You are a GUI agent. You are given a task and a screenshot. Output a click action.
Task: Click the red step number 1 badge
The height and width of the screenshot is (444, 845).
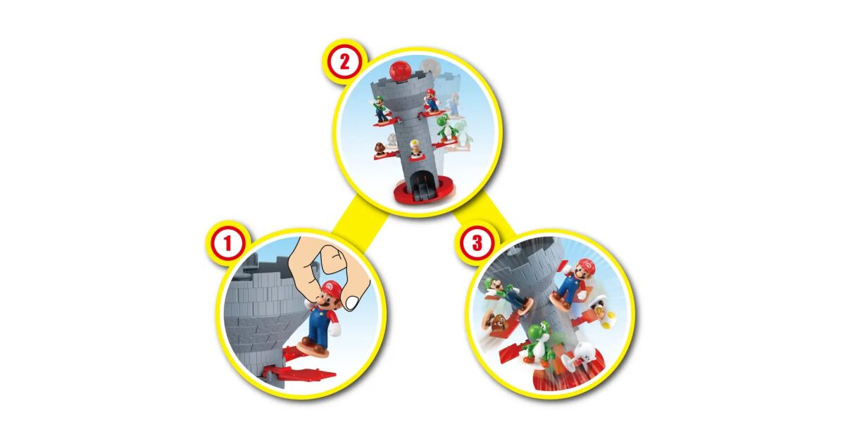click(x=227, y=243)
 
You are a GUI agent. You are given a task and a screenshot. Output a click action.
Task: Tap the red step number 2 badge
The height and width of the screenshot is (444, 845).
click(x=344, y=62)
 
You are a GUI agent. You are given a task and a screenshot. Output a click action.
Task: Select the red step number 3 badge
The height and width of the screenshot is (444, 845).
click(x=477, y=242)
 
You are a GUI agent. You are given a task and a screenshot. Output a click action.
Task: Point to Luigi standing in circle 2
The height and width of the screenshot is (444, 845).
click(x=381, y=109)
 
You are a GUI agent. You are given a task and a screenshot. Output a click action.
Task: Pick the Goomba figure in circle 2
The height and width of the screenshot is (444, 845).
click(x=381, y=149)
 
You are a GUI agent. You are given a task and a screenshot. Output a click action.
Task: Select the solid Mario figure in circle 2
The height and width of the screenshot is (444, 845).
click(x=431, y=100)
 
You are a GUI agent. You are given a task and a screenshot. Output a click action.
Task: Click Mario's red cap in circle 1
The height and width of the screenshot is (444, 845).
click(x=331, y=288)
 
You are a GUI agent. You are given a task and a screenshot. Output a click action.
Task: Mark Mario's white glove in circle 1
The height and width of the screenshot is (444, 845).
click(x=334, y=331)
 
